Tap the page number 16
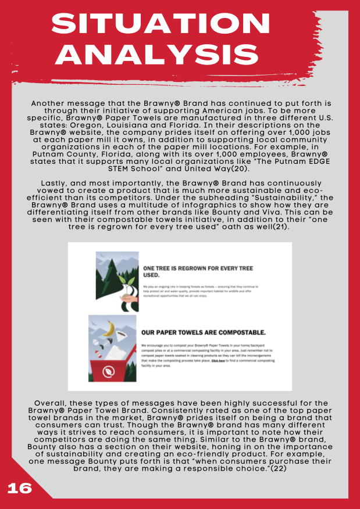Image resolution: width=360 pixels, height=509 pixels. [x=19, y=488]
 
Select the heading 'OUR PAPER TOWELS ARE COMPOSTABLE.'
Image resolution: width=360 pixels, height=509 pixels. [x=204, y=333]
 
